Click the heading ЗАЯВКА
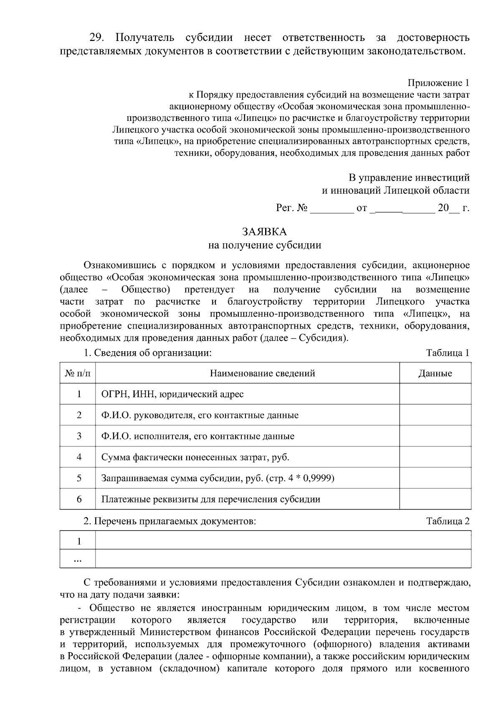point(264,232)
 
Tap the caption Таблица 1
point(448,353)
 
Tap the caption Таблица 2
point(448,521)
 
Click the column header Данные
point(435,373)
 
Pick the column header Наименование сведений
point(262,373)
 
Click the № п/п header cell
point(78,373)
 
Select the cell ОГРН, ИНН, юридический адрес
point(172,394)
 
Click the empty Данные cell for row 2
point(435,415)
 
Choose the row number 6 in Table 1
point(79,499)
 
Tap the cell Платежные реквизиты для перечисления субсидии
point(211,499)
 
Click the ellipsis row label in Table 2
point(78,559)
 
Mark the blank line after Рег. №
point(332,208)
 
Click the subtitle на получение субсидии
point(264,245)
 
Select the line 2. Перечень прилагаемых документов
point(170,521)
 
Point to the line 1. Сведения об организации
point(148,353)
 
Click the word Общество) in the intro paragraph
point(145,290)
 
